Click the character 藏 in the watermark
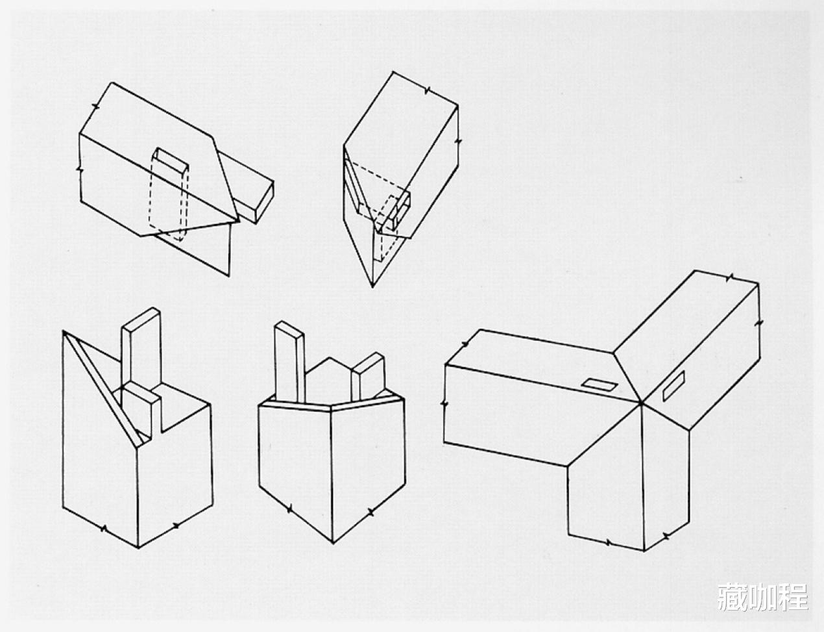(733, 597)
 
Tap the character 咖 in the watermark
(762, 597)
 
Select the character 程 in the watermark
(792, 597)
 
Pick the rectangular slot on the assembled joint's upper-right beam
(673, 386)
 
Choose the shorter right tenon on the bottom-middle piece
(368, 376)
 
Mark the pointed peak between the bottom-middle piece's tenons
(330, 357)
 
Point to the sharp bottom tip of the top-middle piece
(372, 287)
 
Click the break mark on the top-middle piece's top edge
(428, 90)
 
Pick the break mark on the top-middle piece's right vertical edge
(458, 142)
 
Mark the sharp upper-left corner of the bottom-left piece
(64, 331)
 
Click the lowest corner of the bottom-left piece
(138, 548)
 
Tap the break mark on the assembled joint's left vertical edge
(444, 403)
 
